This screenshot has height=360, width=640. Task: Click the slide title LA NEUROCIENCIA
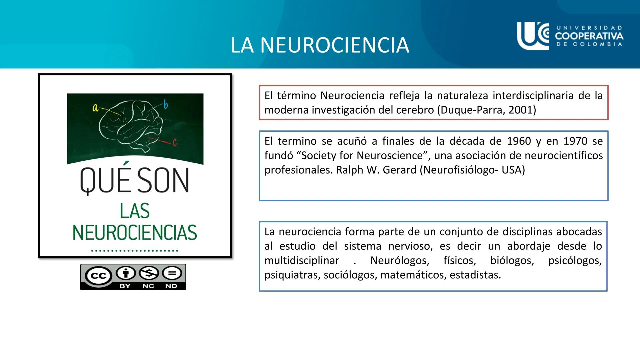(x=320, y=45)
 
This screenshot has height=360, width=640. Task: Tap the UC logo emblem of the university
(x=533, y=35)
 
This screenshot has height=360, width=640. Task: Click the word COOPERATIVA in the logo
(x=589, y=36)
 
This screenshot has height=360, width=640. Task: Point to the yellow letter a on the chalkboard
(x=95, y=108)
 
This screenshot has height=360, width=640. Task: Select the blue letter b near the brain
(x=166, y=105)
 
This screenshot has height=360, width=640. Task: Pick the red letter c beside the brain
(x=174, y=143)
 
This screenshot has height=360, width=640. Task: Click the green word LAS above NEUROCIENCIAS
(x=135, y=211)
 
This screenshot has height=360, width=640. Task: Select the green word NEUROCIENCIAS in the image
(x=135, y=233)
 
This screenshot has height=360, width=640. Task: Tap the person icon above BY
(x=125, y=273)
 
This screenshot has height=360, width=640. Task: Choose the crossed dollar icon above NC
(x=149, y=273)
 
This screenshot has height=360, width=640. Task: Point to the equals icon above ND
(x=172, y=273)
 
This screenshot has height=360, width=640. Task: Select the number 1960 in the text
(x=519, y=141)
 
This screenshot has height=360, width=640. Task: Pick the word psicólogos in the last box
(x=575, y=260)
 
